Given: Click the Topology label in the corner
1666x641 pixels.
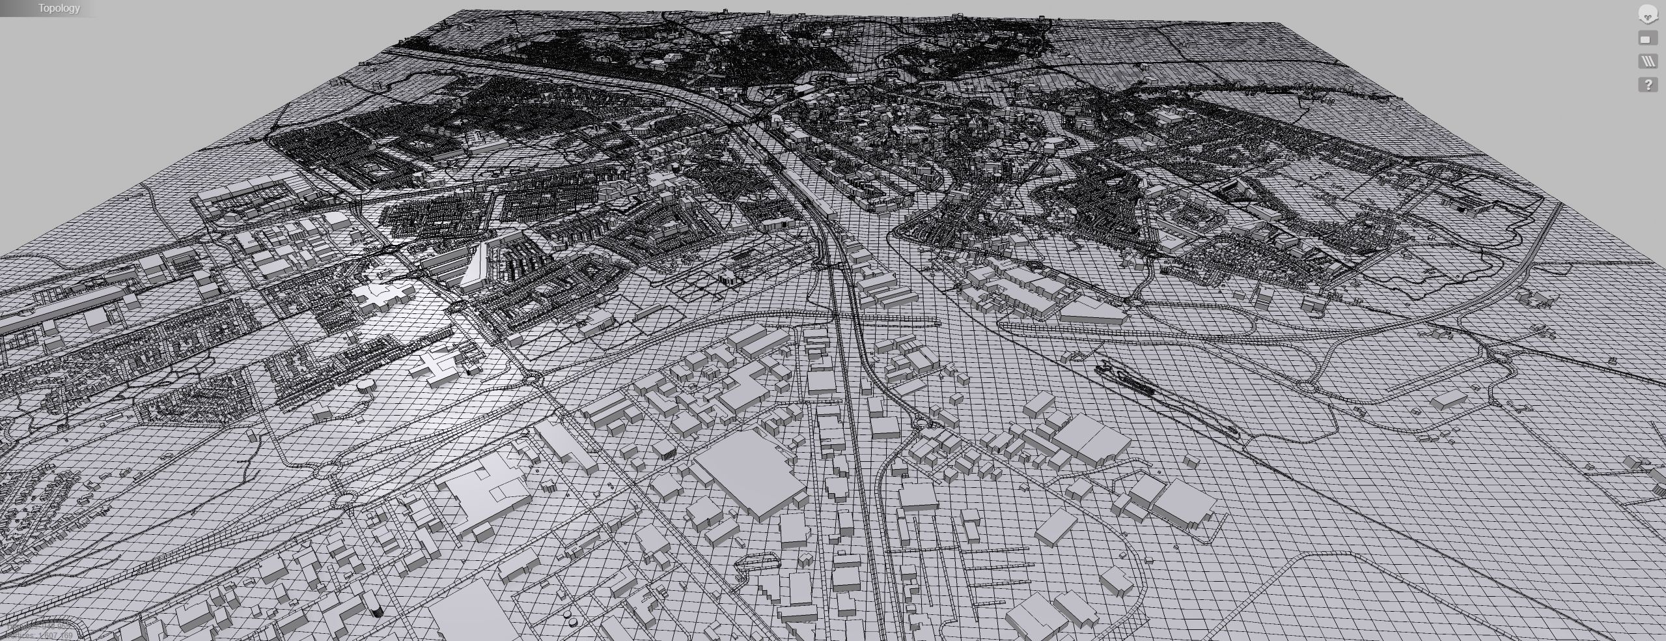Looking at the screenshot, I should (x=59, y=8).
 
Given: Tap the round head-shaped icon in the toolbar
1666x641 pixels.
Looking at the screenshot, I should (x=1648, y=14).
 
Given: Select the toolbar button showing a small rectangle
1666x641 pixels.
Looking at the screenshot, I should (x=1648, y=39).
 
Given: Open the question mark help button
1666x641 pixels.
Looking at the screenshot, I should (x=1648, y=85).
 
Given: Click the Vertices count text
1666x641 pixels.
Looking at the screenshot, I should (x=39, y=635).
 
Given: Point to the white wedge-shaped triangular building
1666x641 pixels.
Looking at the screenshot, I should (x=473, y=267).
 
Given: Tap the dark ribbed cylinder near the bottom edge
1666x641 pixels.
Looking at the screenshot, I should (x=376, y=611).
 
